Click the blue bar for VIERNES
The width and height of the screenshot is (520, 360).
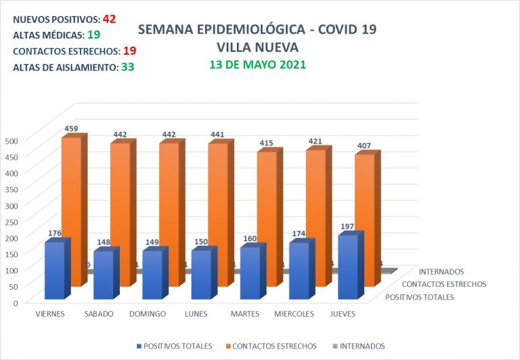coord(54,271)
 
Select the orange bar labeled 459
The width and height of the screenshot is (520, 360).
coord(71,189)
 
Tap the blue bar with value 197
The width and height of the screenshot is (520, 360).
coord(347,267)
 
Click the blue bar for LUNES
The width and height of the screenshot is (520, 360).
coord(200,274)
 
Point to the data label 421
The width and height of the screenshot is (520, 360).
coord(316,141)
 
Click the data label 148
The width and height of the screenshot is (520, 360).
coord(104,242)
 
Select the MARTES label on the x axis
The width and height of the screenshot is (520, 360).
coord(244,314)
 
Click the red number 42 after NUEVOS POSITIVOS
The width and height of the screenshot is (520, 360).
coord(109,19)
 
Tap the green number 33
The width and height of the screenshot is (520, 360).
coord(127,67)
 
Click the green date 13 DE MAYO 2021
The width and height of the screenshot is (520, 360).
coord(257,65)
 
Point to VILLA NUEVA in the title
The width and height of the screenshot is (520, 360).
coord(257,47)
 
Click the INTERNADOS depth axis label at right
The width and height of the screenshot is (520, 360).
coord(441,272)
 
